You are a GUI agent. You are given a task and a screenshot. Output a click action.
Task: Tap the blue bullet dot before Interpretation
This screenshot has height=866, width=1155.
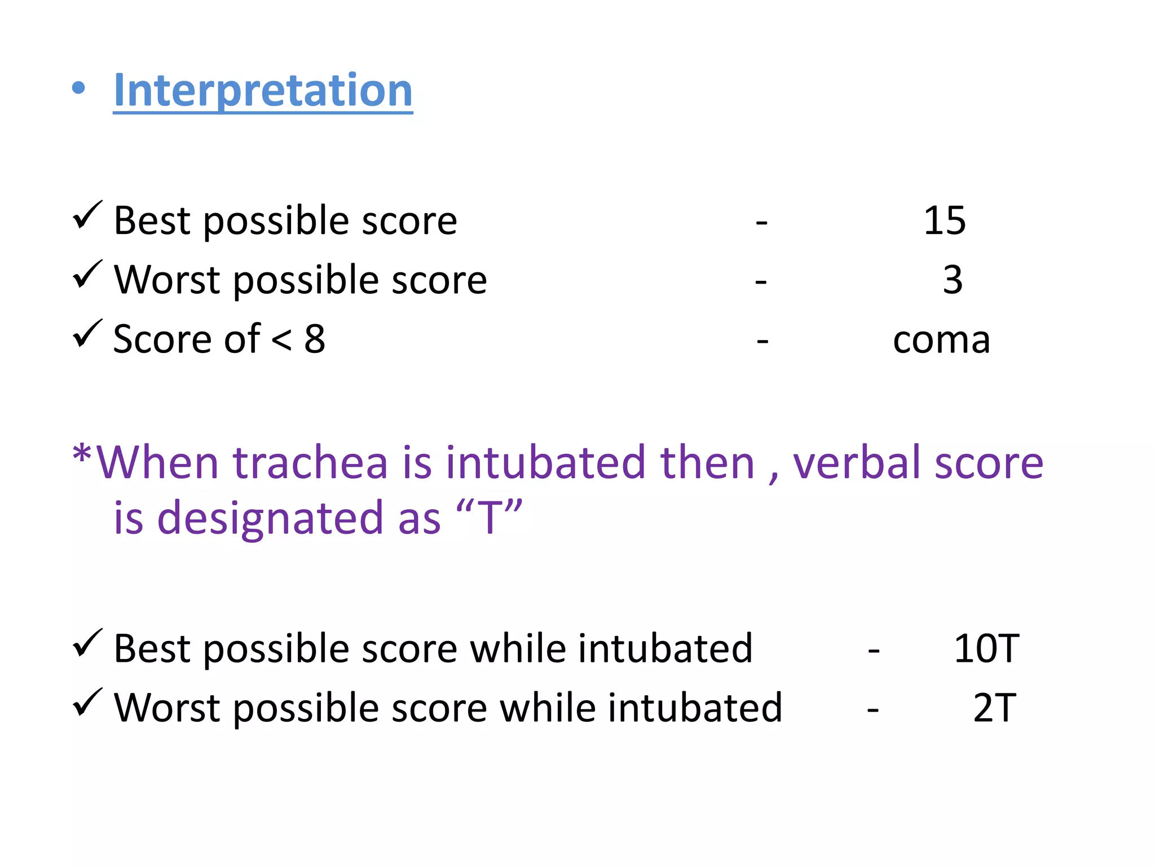tap(79, 89)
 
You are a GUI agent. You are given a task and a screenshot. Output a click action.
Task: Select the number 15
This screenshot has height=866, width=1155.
tap(945, 220)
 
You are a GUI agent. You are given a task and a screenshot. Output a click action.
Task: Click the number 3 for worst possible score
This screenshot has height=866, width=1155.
tap(953, 280)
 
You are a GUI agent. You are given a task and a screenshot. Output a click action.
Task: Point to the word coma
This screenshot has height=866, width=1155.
tap(941, 340)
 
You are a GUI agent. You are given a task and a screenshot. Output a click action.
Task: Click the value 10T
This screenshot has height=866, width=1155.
tap(986, 648)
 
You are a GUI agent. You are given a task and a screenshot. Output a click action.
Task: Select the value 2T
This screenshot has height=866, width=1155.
tap(994, 708)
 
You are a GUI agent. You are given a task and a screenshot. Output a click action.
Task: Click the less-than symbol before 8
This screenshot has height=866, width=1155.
tap(281, 340)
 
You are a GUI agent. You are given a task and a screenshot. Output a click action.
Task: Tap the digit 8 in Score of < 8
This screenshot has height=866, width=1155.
tap(315, 339)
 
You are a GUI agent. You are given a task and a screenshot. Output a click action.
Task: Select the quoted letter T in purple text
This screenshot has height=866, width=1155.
tap(489, 517)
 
